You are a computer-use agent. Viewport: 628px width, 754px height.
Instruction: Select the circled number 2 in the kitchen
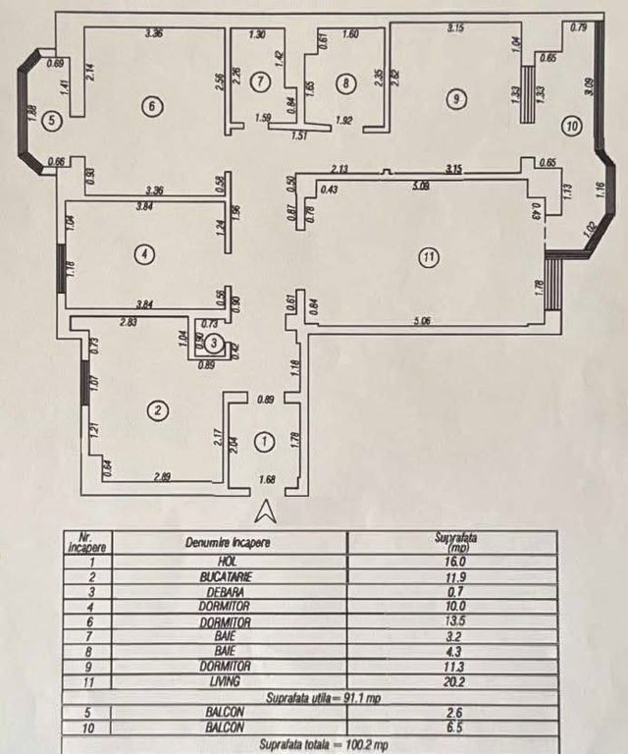pos(153,408)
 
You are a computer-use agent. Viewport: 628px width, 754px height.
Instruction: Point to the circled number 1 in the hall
pos(263,443)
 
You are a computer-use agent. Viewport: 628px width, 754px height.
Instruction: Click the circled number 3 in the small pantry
pos(217,344)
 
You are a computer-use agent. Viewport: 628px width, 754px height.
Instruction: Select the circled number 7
pos(259,82)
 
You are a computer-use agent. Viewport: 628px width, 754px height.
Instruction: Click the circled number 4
pos(144,254)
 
